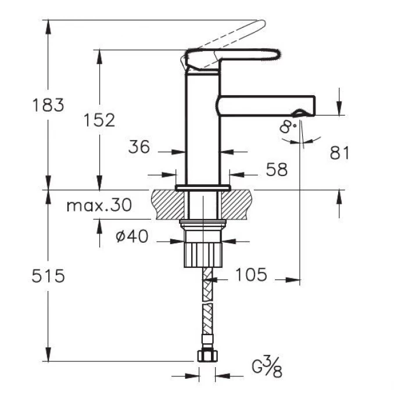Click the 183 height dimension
tap(48, 105)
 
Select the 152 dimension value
tap(99, 120)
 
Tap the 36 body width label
tap(139, 146)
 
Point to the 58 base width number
tap(277, 169)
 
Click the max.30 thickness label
tap(99, 205)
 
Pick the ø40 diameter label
tap(132, 236)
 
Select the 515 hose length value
tap(48, 276)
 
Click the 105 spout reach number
tap(251, 274)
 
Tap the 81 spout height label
tap(339, 153)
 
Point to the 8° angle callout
tap(288, 127)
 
